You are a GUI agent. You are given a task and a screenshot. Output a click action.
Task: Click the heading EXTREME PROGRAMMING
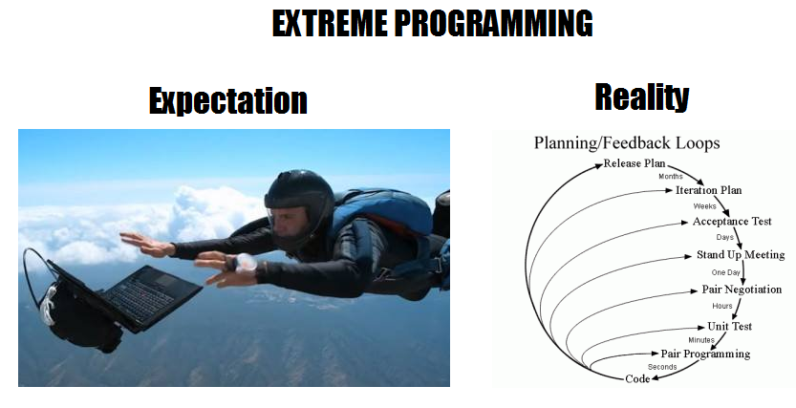432,23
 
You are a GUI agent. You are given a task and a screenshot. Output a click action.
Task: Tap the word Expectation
228,100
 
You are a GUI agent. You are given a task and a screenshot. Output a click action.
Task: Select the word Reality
642,97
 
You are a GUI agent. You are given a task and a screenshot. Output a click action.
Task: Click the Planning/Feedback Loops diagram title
627,142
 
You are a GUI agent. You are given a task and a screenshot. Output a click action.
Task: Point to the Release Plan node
635,163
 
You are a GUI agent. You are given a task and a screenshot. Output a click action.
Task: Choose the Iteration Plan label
708,190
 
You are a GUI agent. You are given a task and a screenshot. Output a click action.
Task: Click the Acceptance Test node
732,222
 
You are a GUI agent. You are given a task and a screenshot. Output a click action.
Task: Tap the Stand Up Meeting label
741,255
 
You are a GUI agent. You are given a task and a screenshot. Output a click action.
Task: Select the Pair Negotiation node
742,290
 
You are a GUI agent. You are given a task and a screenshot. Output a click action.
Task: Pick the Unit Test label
729,326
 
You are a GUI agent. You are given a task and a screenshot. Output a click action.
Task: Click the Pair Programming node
705,354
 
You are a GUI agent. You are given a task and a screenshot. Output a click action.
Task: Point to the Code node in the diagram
637,378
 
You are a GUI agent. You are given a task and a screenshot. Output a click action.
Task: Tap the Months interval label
671,177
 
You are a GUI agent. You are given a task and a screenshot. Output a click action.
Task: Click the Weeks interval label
704,206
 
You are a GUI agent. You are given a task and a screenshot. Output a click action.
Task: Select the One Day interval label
725,272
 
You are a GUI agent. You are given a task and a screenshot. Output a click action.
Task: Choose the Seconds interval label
662,366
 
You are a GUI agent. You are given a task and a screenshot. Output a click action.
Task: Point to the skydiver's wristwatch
246,264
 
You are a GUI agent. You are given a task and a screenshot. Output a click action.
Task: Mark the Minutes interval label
701,340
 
